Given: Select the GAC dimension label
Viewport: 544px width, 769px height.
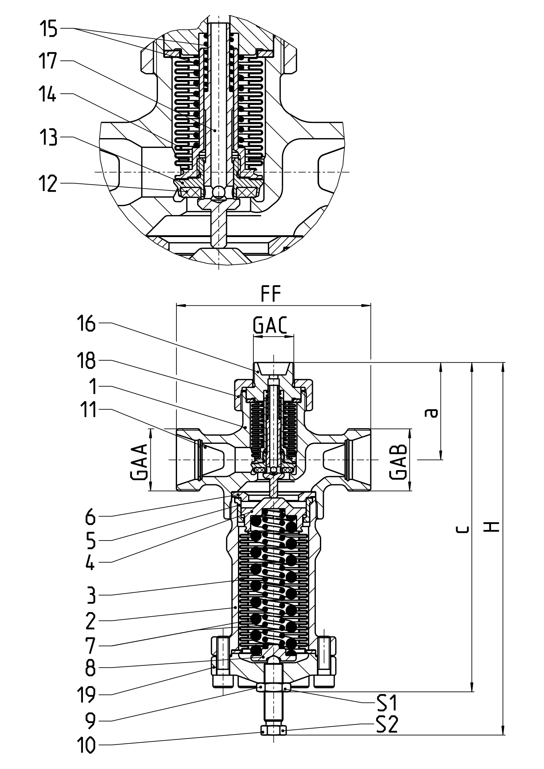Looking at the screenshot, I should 270,325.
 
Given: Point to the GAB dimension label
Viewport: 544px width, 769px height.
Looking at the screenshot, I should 399,462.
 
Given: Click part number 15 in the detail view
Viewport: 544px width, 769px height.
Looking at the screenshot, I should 49,29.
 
